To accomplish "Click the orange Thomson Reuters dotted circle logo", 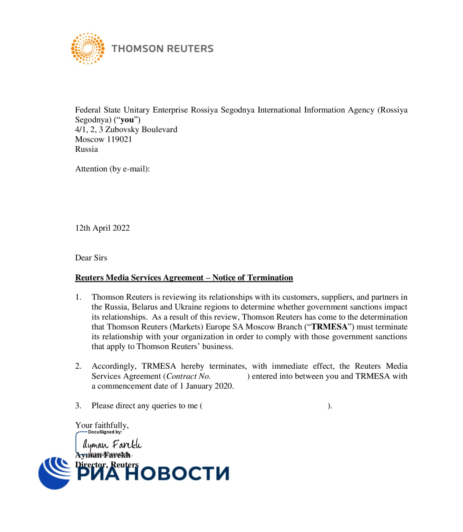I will click(x=88, y=49).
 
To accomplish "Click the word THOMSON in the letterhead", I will click(x=136, y=49).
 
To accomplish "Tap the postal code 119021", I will click(x=119, y=139).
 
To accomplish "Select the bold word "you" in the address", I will click(x=127, y=120).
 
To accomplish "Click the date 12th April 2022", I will click(x=102, y=228).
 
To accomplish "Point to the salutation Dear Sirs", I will click(x=91, y=258).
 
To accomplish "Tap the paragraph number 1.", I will click(x=78, y=297).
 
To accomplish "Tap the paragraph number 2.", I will click(x=78, y=366).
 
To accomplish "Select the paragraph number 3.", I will click(x=78, y=406).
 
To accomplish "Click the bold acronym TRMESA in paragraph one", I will click(x=329, y=327).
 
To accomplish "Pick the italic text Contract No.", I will click(x=188, y=376).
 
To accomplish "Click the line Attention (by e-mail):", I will click(x=112, y=169).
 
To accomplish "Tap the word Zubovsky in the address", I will click(x=123, y=129).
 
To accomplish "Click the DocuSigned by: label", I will click(x=105, y=432).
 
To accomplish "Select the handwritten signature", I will click(x=112, y=445).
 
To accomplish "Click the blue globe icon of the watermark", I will click(x=55, y=473).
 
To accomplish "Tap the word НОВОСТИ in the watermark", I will click(x=177, y=473).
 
